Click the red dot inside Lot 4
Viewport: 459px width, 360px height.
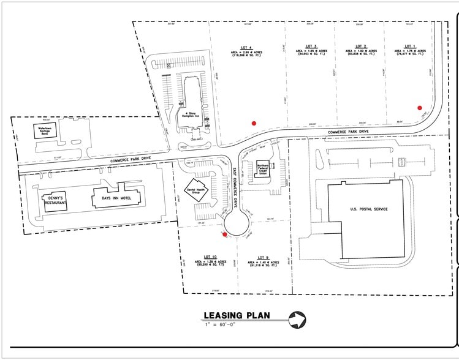[253, 123]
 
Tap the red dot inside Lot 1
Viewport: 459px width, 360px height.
[420, 107]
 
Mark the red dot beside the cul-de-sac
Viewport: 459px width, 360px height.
[225, 234]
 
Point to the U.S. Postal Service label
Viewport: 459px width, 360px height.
[369, 209]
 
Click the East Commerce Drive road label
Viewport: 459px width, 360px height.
[236, 190]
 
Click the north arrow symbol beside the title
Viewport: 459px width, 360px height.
[297, 319]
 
